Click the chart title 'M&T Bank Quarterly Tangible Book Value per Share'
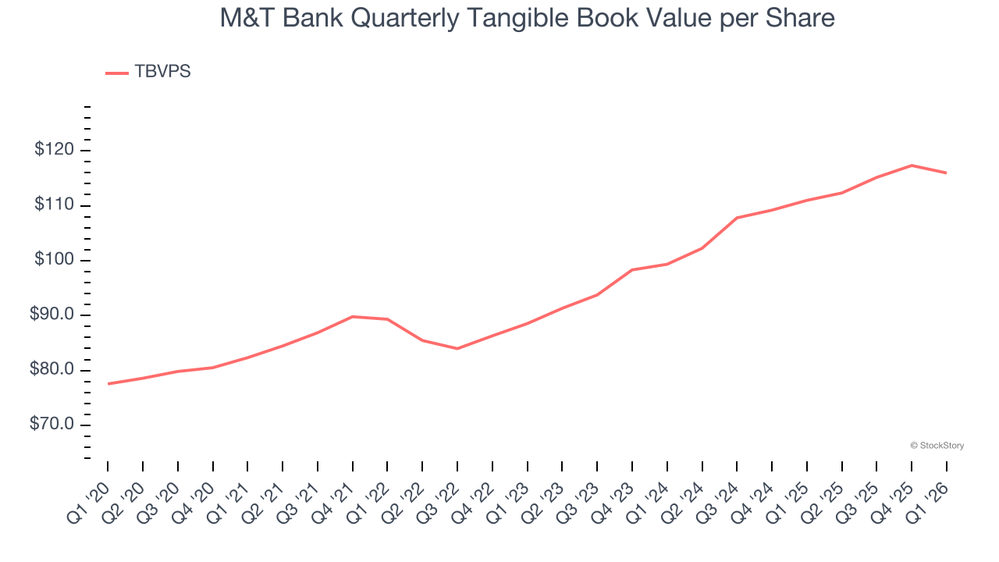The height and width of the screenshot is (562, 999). [x=527, y=18]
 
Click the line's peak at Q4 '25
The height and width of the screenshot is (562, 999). [x=912, y=165]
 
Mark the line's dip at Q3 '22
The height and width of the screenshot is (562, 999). [x=457, y=348]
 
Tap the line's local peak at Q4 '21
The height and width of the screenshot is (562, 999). [x=353, y=316]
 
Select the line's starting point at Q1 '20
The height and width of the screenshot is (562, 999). [x=108, y=383]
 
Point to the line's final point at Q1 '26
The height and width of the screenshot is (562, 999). [x=947, y=173]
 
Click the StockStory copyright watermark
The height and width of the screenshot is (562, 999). [x=937, y=446]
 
